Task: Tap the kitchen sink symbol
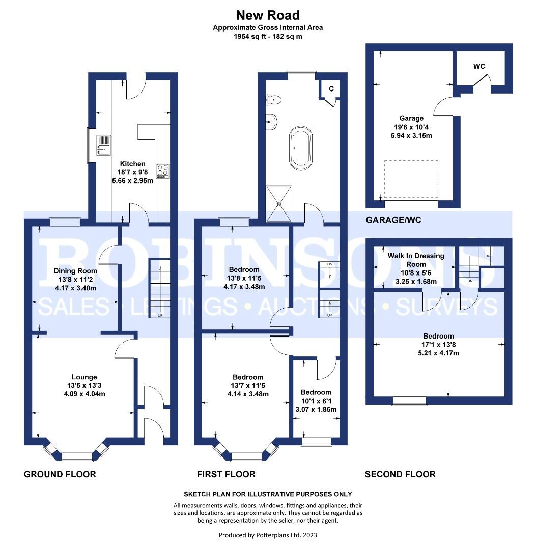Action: coord(104,144)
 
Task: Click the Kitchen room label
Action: coord(132,164)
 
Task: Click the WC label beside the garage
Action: coord(479,67)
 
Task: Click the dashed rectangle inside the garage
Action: coord(411,179)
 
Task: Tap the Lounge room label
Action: coord(84,377)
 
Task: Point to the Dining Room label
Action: coord(75,271)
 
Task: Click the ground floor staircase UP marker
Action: coord(161,315)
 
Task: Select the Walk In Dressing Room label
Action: coord(416,260)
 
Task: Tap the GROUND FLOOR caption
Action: coord(60,474)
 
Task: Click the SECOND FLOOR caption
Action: coord(400,474)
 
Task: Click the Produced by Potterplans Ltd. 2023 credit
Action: coord(268,535)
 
